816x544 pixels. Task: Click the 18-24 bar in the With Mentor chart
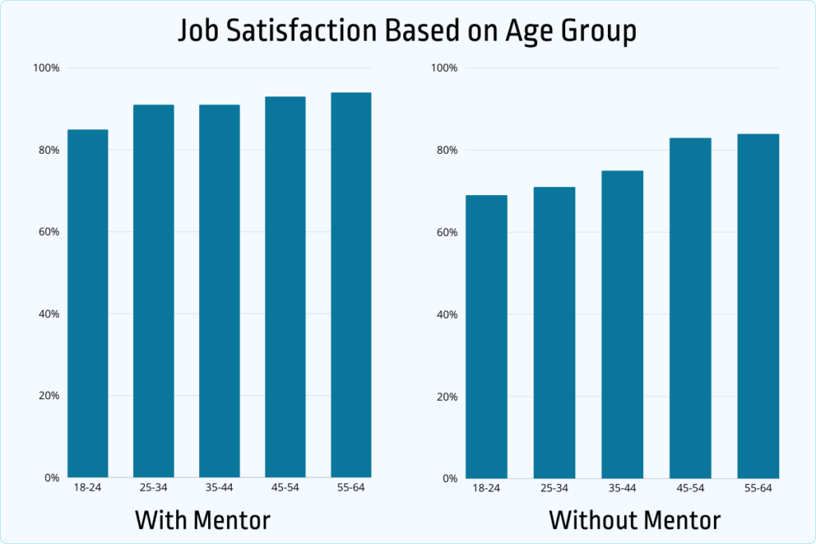pyautogui.click(x=88, y=303)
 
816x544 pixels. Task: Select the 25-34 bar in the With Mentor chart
pyautogui.click(x=154, y=291)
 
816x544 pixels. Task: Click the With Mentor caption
pyautogui.click(x=202, y=520)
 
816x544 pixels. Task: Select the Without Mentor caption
pyautogui.click(x=634, y=520)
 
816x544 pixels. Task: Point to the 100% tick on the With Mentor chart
pyautogui.click(x=46, y=68)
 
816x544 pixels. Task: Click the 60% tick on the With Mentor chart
pyautogui.click(x=49, y=233)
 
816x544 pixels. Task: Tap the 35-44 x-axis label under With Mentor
pyautogui.click(x=219, y=487)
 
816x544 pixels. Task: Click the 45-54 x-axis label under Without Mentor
pyautogui.click(x=690, y=488)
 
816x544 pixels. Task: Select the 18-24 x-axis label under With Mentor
pyautogui.click(x=88, y=487)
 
